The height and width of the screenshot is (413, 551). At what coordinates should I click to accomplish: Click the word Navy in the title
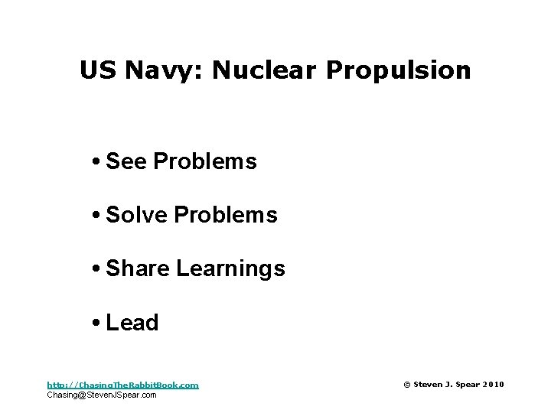click(162, 71)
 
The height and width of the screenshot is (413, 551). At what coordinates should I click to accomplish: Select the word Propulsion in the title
click(398, 71)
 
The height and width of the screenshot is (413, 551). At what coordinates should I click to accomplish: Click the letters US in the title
click(98, 71)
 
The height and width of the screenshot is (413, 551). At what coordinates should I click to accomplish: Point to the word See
click(127, 162)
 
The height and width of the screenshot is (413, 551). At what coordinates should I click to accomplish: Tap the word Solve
click(137, 216)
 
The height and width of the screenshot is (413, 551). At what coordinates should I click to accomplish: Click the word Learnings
click(230, 269)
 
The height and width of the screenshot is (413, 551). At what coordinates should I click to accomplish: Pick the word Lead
click(132, 323)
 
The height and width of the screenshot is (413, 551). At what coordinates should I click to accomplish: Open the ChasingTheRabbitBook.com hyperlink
click(122, 385)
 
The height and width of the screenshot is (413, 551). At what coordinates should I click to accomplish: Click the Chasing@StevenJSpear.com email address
click(102, 395)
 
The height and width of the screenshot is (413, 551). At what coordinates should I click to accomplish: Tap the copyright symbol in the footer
click(406, 385)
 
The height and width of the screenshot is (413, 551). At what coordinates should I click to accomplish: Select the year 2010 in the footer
click(494, 385)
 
